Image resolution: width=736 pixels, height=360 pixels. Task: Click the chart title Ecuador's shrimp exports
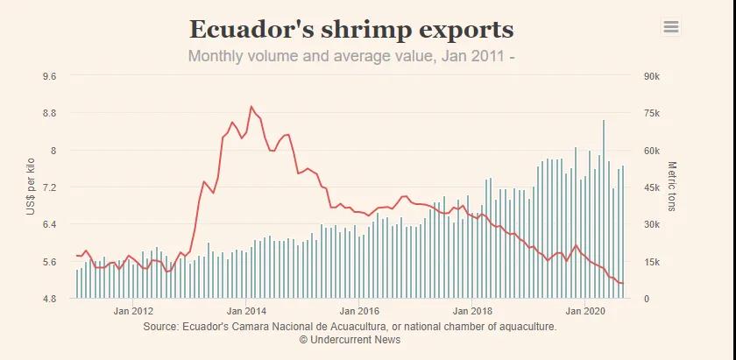click(351, 29)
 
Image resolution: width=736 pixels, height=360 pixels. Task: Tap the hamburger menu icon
click(671, 27)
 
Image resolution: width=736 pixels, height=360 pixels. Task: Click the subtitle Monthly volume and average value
click(351, 57)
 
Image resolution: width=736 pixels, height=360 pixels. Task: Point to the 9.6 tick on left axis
click(49, 76)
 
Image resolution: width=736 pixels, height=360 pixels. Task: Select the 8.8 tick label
click(49, 113)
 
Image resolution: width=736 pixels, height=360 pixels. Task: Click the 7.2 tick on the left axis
click(49, 187)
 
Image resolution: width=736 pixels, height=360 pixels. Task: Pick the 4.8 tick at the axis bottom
click(49, 299)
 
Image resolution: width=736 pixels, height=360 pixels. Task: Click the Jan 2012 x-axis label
click(134, 311)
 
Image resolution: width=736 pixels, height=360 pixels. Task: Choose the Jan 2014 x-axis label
click(247, 311)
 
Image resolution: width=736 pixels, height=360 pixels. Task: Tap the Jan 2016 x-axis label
click(359, 311)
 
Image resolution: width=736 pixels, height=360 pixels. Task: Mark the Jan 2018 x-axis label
click(472, 311)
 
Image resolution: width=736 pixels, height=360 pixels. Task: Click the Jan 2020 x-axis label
click(585, 311)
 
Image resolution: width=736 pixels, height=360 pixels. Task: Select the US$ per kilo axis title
click(31, 187)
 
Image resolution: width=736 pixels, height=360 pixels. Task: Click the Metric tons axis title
click(673, 187)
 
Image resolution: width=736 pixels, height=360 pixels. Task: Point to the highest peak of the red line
click(251, 107)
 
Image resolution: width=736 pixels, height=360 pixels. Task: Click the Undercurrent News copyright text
click(350, 339)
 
